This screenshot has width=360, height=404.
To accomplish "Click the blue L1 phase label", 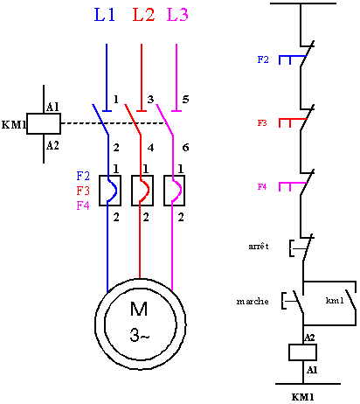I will coord(106,15).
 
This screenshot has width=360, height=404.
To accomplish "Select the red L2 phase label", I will coord(143,15).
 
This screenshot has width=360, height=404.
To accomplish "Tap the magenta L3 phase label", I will coord(177,15).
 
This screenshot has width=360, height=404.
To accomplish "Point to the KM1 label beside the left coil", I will coord(14,124).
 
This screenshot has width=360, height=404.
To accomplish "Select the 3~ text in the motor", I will coord(140,334).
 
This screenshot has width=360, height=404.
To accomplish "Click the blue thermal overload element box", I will coord(108,190).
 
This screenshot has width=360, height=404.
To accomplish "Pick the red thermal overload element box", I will coord(141,190).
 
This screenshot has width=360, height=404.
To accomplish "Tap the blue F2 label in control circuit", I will coord(263,59).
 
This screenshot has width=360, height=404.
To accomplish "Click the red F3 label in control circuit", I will coord(262,124).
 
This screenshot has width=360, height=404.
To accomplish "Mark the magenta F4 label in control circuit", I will coord(262,187).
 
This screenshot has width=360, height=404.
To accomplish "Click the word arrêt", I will coord(260,247).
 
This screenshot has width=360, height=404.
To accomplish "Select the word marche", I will coord(253,302).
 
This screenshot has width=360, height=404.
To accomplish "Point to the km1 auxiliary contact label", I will coord(335,301).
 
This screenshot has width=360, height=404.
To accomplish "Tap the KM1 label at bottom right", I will coord(302,396).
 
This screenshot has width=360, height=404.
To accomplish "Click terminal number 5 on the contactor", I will coord(185,99).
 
